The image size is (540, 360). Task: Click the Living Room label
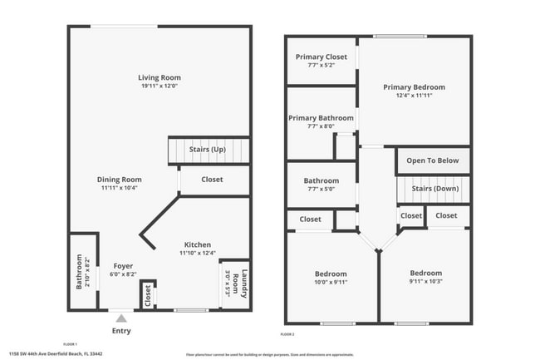[160, 78]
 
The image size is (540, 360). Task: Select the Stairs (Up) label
[208, 150]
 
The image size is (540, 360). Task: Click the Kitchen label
[197, 244]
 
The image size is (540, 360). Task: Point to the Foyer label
[123, 266]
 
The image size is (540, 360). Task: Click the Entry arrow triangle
[121, 318]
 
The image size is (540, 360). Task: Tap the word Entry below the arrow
[121, 331]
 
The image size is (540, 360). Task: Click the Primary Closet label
[322, 57]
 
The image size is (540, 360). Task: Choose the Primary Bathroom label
[321, 118]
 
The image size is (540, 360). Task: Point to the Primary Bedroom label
[414, 86]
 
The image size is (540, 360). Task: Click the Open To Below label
[433, 161]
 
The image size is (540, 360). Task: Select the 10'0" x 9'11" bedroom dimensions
[331, 282]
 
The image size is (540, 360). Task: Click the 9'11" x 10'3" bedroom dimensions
[425, 282]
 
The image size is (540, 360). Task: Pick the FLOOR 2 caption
[287, 333]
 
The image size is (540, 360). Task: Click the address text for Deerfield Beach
[56, 354]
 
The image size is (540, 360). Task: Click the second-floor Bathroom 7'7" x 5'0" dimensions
[321, 189]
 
